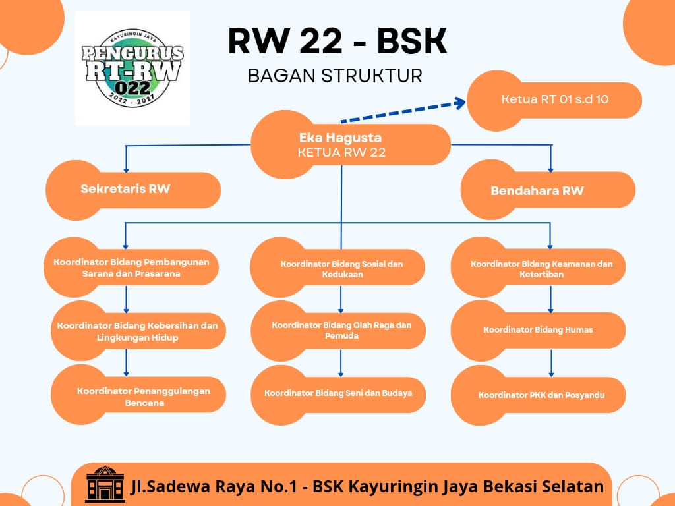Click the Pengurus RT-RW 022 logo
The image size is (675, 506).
[x=132, y=68]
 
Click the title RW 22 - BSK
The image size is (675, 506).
[x=337, y=42]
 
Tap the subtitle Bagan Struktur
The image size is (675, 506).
[x=336, y=76]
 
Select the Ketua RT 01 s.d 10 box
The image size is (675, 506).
[x=554, y=100]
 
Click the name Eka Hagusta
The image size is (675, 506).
[x=341, y=138]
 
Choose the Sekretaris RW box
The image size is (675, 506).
[x=133, y=190]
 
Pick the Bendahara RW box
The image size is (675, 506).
[x=548, y=190]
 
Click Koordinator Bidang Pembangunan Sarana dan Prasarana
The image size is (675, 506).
[x=131, y=267]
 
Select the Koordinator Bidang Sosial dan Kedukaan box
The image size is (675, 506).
[x=337, y=267]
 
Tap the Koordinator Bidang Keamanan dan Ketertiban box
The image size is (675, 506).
[x=538, y=267]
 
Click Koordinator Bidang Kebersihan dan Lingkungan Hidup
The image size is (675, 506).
[x=138, y=331]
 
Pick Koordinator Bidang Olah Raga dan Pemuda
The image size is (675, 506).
[x=338, y=331]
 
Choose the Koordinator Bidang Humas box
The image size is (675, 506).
[x=538, y=331]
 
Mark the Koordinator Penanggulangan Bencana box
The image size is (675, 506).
[x=138, y=395]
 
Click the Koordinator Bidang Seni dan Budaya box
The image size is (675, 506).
[x=338, y=395]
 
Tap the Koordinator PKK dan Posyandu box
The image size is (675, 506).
[x=538, y=395]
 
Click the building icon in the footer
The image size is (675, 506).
[x=105, y=484]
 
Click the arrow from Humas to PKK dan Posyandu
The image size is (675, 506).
[x=551, y=363]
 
